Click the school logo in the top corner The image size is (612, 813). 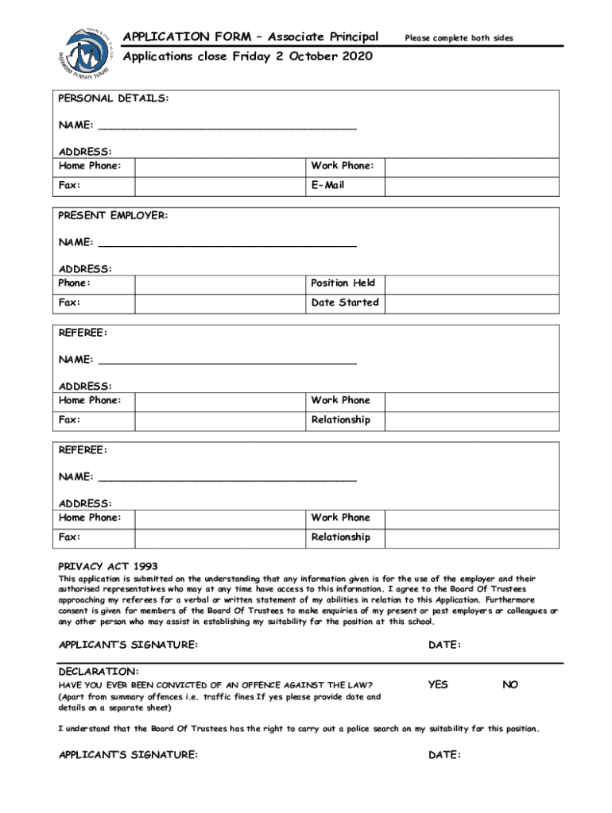point(87,55)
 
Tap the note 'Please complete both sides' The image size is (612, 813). point(459,38)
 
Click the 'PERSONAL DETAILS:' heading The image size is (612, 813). point(113,98)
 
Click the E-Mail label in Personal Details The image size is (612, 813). point(327,186)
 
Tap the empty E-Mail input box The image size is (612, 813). point(473,186)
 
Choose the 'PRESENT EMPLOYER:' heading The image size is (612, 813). point(113,216)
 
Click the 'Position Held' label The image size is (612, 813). point(343,283)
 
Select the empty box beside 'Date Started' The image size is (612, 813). point(473,302)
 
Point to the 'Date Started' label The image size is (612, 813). point(344,302)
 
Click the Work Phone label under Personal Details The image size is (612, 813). point(342,166)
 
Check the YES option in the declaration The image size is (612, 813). point(438,684)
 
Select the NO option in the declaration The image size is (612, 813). point(509,684)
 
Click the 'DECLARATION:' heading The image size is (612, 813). point(99,672)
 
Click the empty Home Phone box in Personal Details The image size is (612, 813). point(219,166)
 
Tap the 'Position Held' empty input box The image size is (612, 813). point(473,283)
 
